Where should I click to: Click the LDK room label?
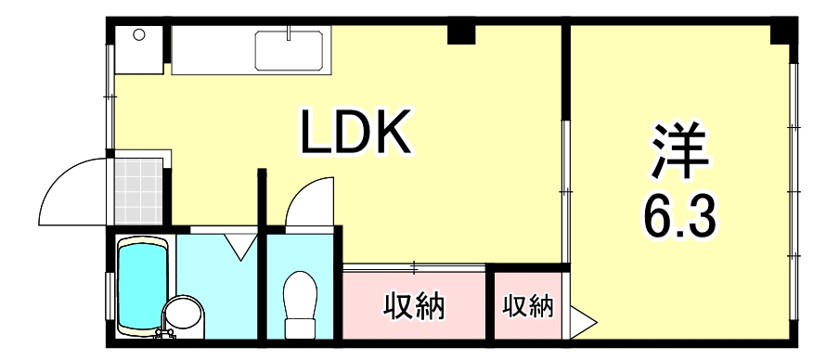pyautogui.click(x=354, y=134)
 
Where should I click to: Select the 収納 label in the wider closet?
pyautogui.click(x=414, y=305)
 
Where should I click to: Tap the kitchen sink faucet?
pyautogui.click(x=290, y=33)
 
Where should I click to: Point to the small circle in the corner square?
pyautogui.click(x=139, y=35)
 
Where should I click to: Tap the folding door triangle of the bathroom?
pyautogui.click(x=241, y=245)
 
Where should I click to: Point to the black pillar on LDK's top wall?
pyautogui.click(x=460, y=34)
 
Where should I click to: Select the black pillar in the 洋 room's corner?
pyautogui.click(x=785, y=35)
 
